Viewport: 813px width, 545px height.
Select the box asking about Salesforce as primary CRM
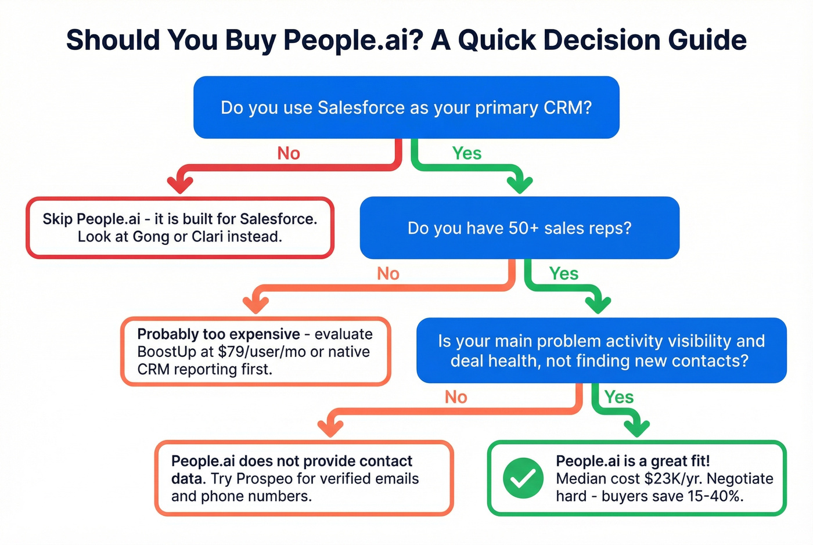[x=406, y=107]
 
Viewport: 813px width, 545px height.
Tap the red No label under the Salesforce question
[x=289, y=153]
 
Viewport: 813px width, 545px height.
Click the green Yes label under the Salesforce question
[x=467, y=153]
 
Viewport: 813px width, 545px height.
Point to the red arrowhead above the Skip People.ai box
[x=180, y=184]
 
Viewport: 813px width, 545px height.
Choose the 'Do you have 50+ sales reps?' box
[x=519, y=228]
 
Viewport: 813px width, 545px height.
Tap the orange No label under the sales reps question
[x=388, y=273]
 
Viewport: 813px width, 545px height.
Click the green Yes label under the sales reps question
[x=564, y=273]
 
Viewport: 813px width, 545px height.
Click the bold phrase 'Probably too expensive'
[x=218, y=334]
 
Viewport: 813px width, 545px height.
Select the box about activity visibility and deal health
[x=601, y=351]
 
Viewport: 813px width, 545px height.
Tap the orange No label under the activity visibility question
[x=456, y=397]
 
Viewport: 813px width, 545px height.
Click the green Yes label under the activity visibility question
[x=619, y=397]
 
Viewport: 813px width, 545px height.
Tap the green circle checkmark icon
[x=523, y=478]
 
